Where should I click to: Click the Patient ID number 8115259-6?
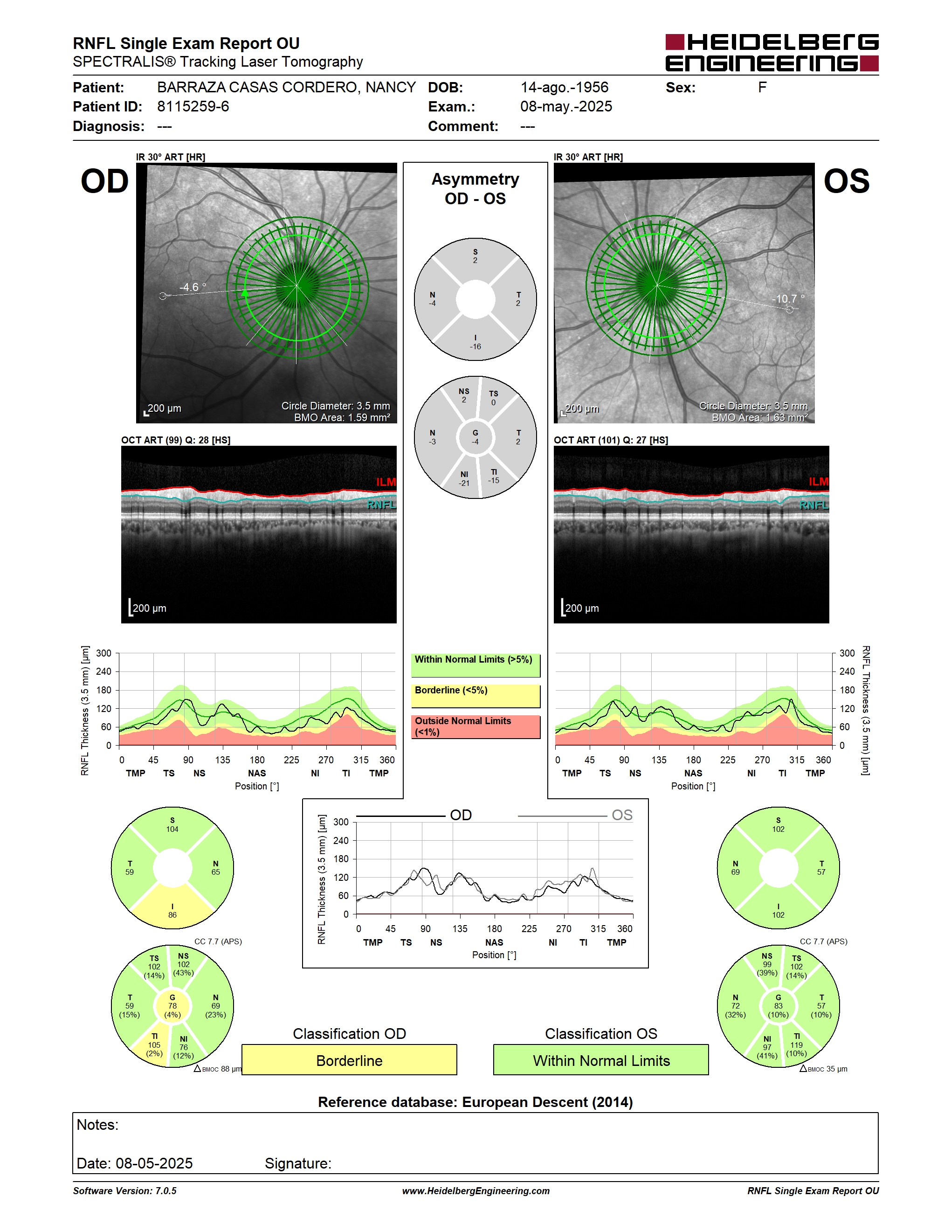tap(193, 106)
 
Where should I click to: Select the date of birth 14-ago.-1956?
tap(564, 87)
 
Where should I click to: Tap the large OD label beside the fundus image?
tap(105, 181)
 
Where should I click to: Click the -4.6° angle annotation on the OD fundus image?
tap(193, 287)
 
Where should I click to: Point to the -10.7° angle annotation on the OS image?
tap(788, 299)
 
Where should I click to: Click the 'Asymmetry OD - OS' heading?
tap(475, 189)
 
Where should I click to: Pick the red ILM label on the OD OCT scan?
tap(386, 482)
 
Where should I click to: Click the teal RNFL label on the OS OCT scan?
tap(814, 505)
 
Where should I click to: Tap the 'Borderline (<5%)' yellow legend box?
tap(475, 696)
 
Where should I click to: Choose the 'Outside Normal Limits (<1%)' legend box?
tap(475, 726)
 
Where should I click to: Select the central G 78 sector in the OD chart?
tap(172, 1005)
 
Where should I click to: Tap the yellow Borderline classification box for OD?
tap(349, 1060)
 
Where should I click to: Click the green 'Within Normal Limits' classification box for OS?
tap(601, 1060)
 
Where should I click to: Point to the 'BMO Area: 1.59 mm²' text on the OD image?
tap(342, 418)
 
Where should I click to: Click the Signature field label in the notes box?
tap(298, 1163)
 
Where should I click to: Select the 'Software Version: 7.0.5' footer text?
tap(124, 1191)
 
